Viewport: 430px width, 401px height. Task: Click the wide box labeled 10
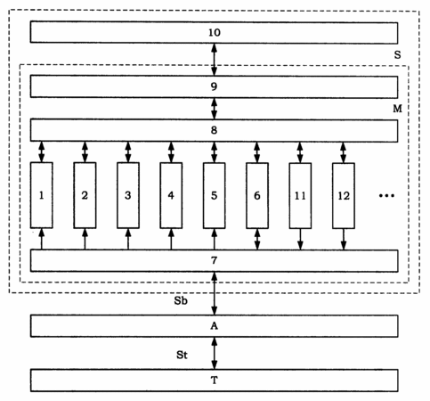coord(214,32)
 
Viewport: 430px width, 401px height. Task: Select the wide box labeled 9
coord(214,86)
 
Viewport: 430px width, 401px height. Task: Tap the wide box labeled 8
coord(214,130)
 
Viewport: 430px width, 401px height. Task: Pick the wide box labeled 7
coord(214,260)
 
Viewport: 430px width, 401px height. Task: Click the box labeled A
coord(214,326)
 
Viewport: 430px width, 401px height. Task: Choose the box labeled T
coord(214,381)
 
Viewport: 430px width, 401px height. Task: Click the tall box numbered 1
coord(42,195)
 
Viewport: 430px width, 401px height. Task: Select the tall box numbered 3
coord(128,195)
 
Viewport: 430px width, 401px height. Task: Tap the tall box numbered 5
coord(214,195)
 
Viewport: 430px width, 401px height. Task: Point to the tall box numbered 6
coord(257,195)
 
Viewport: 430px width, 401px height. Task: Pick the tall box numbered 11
coord(300,195)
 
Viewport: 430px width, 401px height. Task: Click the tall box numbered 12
coord(344,195)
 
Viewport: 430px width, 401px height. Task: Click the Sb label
coord(181,300)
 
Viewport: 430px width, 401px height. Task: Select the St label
coord(182,355)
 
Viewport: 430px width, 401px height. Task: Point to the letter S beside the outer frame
coord(397,54)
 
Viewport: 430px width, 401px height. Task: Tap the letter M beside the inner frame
coord(398,109)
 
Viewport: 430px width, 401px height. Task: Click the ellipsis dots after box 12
coord(386,195)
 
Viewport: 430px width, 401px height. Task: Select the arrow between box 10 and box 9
coord(214,60)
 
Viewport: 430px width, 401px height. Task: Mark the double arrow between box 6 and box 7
coord(257,240)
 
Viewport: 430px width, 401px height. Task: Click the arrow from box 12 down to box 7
coord(344,240)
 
